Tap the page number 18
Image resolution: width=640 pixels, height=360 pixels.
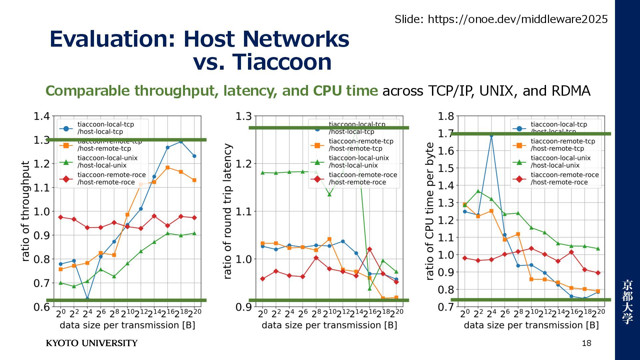click(x=586, y=343)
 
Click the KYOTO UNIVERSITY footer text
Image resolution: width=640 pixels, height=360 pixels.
click(x=92, y=343)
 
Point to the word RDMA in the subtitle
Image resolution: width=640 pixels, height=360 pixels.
click(x=571, y=91)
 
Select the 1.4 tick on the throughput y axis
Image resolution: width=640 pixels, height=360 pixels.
click(x=42, y=116)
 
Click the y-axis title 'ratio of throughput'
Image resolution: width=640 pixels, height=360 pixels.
click(x=26, y=211)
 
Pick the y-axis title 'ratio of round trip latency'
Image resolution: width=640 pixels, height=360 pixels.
click(x=227, y=211)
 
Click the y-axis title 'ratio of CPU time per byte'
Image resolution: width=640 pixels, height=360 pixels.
click(x=430, y=211)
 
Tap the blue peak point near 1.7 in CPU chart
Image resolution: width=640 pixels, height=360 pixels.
click(x=491, y=135)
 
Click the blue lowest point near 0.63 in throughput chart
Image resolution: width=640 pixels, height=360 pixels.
click(x=87, y=299)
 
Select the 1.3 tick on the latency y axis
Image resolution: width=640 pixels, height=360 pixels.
click(x=244, y=116)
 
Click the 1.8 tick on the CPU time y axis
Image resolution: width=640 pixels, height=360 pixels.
click(x=446, y=116)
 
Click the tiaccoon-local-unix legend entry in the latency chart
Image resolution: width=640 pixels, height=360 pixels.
click(x=358, y=161)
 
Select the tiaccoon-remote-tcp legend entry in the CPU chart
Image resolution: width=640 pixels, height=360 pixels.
click(x=563, y=145)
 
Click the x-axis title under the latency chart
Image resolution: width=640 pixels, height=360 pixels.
click(x=329, y=325)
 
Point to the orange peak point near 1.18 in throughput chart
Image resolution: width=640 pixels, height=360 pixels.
click(x=168, y=168)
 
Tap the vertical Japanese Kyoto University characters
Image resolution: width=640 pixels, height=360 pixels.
click(x=627, y=302)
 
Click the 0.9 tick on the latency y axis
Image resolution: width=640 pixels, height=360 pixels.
click(x=244, y=307)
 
